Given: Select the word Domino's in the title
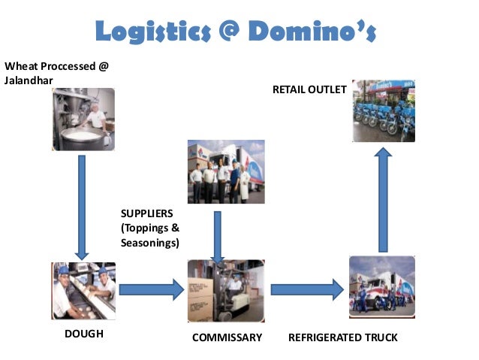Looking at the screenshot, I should point(316,31).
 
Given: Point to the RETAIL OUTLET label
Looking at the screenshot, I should point(309,89).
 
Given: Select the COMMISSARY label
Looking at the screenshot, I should point(227,337).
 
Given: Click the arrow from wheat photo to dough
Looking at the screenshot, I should point(81,207).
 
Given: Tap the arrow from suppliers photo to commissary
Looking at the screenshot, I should point(217,234).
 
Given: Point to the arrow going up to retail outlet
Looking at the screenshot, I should point(383,199).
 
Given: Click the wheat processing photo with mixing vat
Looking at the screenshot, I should point(83,119).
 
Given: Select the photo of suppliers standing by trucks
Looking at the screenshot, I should point(225,171).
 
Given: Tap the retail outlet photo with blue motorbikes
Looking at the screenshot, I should point(384,111).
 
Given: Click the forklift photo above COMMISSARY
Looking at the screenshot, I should point(226,290).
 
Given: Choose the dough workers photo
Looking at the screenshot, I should point(83,290).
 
